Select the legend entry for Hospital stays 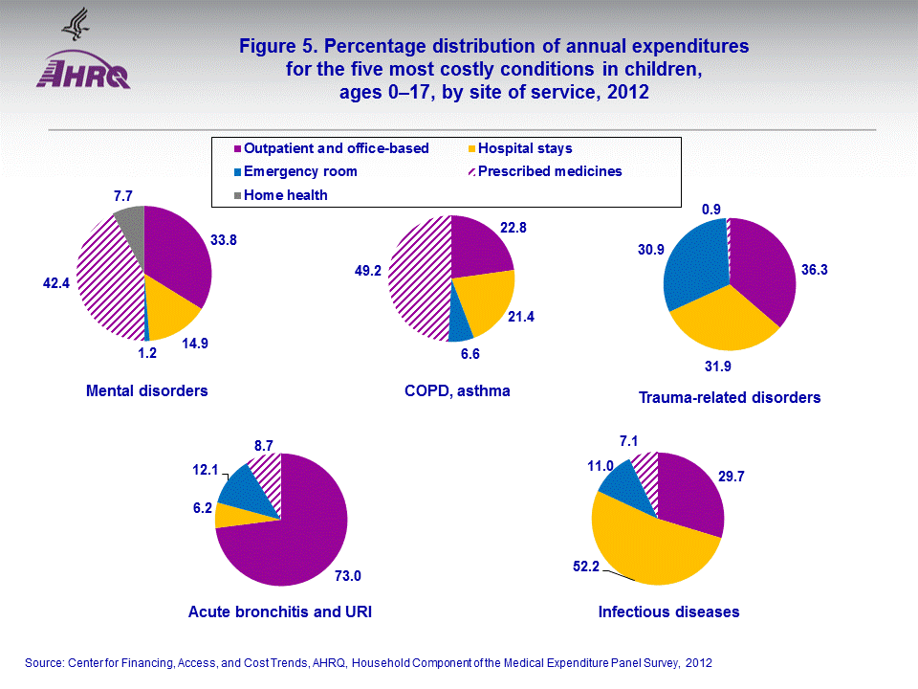point(524,148)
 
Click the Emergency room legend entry point(299,171)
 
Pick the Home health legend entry point(285,194)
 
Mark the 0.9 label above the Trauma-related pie point(712,207)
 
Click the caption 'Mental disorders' point(146,390)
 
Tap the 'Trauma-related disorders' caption point(730,397)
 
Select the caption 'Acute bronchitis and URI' point(279,611)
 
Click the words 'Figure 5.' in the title point(274,46)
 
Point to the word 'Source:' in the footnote point(43,662)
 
